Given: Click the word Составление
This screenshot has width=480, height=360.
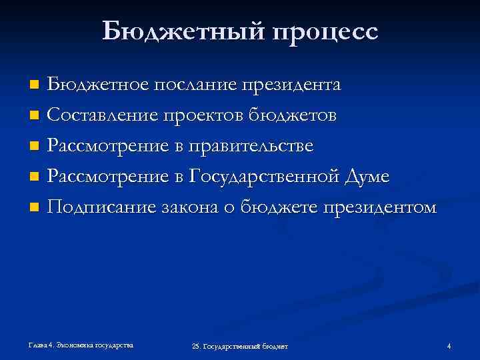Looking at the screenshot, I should coord(102,116).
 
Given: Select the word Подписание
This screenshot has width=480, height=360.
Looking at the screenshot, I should coord(103,208).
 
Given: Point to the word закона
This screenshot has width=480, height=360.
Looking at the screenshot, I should coord(191,208).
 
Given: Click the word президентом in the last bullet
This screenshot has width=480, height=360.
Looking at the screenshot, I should coord(381,208).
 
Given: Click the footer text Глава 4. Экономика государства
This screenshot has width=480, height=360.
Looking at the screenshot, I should coord(80,345).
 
